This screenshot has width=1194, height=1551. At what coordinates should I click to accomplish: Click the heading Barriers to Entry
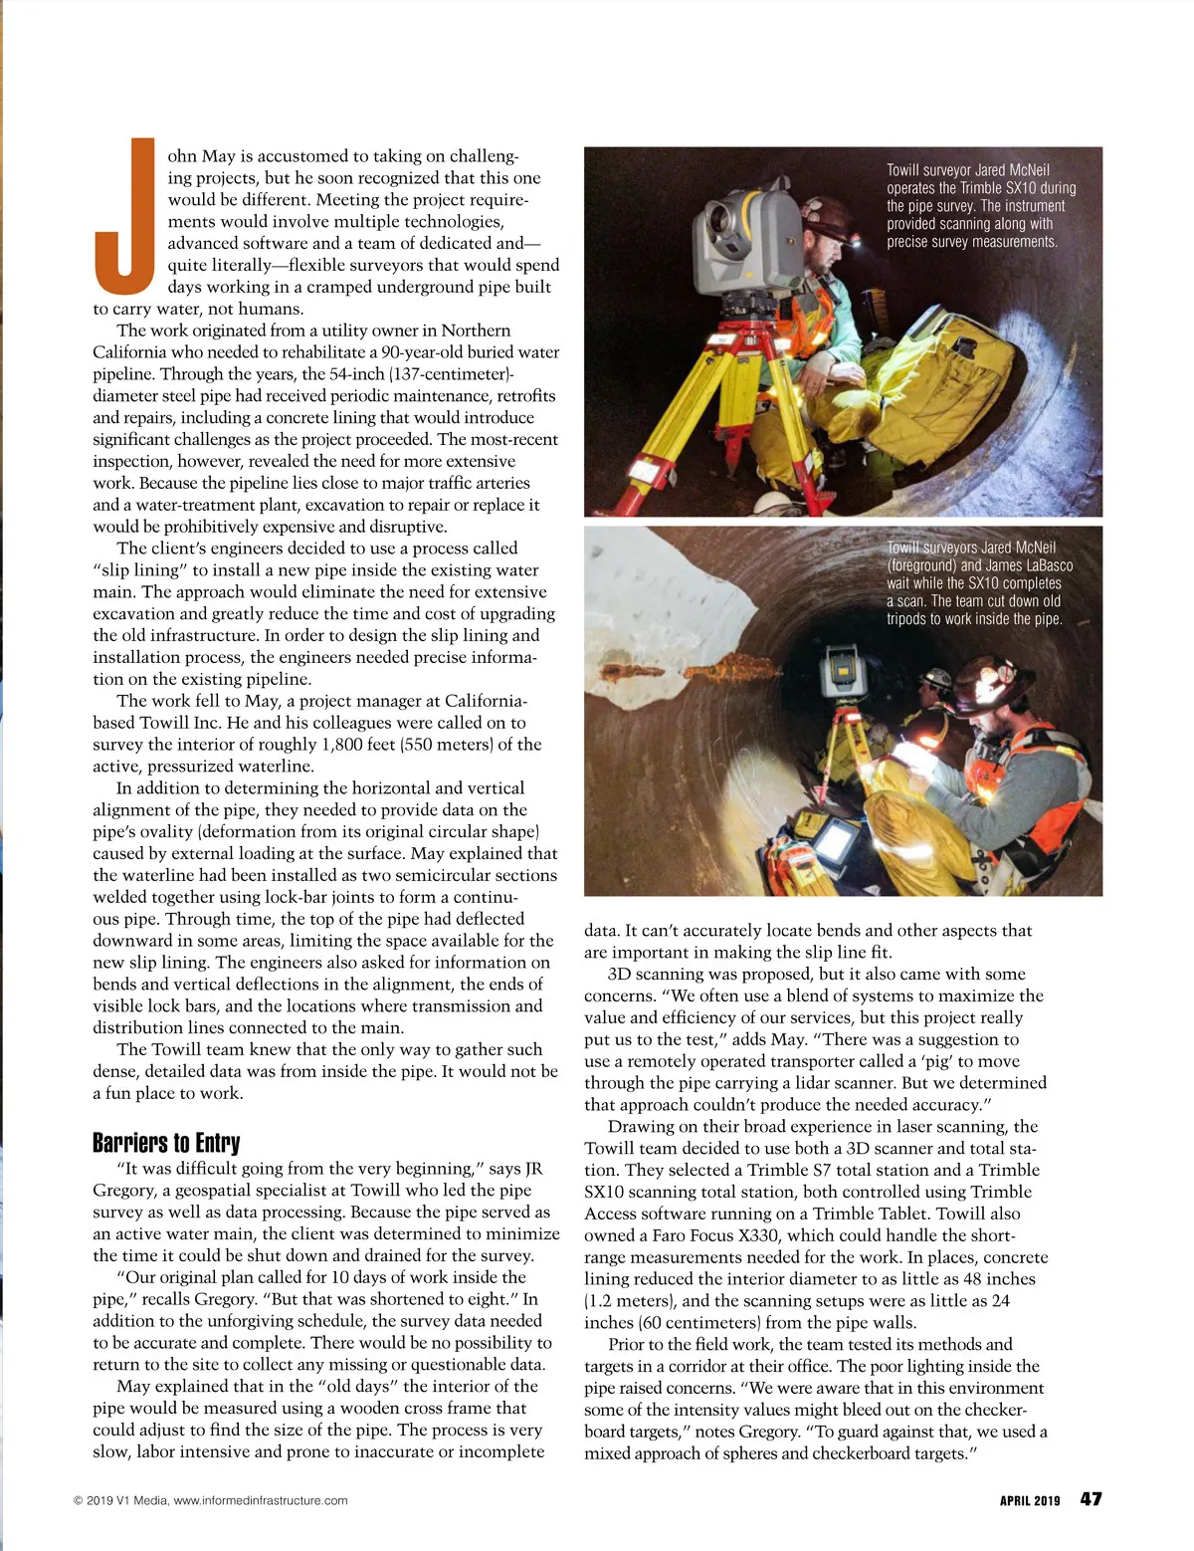click(x=166, y=1142)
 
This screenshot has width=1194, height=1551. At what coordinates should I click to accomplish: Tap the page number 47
click(x=1091, y=1499)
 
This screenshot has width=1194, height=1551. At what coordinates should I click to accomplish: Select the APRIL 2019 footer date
click(x=1030, y=1500)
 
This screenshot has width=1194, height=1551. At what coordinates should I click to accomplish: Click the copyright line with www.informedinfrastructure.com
click(x=211, y=1500)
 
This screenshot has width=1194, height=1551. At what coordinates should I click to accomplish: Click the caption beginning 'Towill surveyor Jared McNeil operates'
click(x=980, y=206)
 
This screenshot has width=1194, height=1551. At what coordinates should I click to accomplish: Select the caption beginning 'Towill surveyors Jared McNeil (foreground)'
click(x=979, y=583)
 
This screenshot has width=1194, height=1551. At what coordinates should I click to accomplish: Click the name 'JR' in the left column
click(x=533, y=1169)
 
